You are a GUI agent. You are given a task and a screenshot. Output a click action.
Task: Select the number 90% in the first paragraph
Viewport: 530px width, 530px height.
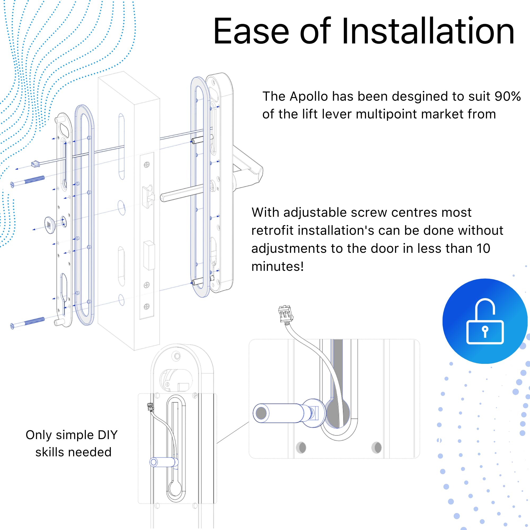coord(507,96)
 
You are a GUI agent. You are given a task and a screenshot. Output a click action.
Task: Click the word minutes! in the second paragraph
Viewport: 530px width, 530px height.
coord(277,266)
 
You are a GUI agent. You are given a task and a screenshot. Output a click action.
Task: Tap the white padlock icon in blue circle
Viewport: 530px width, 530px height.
coord(485,321)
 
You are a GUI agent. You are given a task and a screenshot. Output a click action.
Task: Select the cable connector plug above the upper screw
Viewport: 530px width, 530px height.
coord(36,164)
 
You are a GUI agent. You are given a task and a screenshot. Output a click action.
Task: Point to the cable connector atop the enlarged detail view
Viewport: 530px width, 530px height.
coord(286,313)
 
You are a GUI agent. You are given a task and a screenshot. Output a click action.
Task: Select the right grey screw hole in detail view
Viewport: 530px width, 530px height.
coord(376,448)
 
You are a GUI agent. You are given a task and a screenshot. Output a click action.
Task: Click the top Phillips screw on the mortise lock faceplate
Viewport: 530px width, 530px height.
coord(147,165)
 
